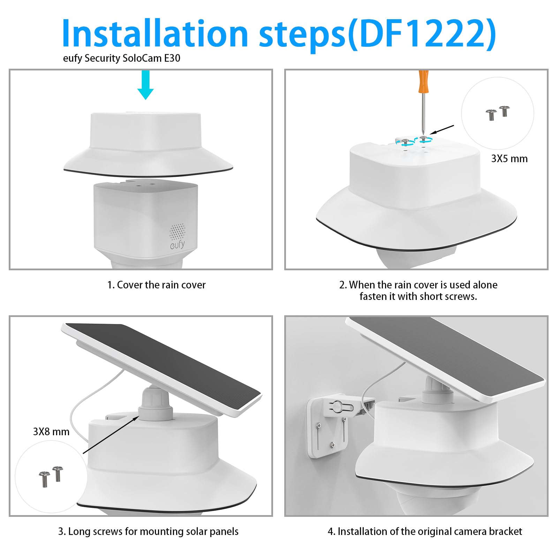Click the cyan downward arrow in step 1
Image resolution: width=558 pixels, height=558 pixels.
tap(145, 85)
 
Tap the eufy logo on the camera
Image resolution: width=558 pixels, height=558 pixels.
tap(178, 244)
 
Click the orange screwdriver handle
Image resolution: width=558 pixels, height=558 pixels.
tap(423, 81)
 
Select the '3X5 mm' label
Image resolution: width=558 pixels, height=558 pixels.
tap(509, 159)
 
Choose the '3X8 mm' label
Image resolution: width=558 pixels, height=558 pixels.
tap(51, 432)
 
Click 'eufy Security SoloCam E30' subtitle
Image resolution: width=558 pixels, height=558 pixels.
tap(121, 58)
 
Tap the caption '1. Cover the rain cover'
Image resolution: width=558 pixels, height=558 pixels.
tap(156, 285)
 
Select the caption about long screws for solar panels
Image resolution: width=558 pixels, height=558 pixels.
tap(148, 531)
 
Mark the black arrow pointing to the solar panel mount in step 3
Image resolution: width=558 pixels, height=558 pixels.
tap(111, 434)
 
